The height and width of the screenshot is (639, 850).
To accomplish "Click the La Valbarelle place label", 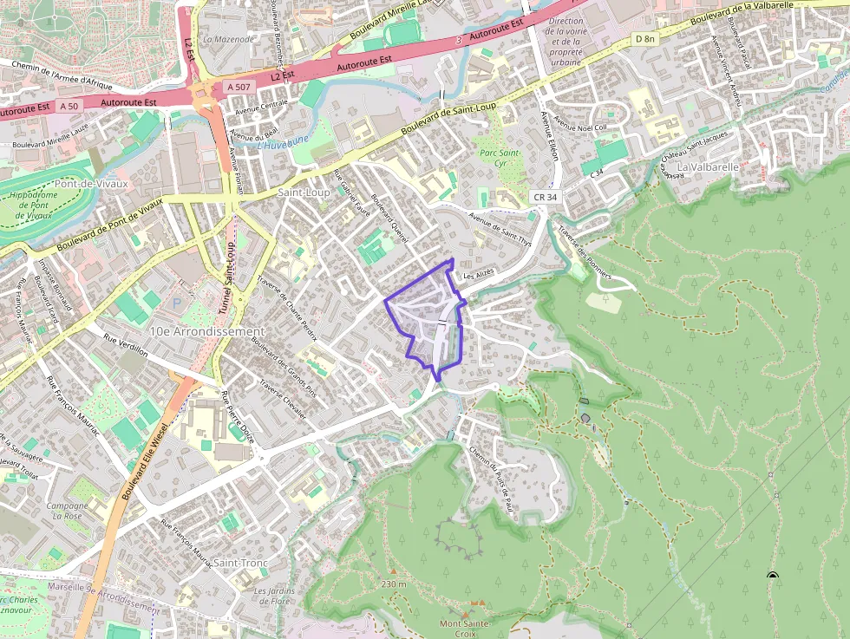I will coord(708,166).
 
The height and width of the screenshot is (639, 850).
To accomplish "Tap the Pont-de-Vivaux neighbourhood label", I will coord(90,184).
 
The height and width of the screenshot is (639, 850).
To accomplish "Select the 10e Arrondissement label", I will coord(206,332).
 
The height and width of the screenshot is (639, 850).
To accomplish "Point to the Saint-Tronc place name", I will coord(240,563).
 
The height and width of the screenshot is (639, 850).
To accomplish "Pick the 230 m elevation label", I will coord(393,584).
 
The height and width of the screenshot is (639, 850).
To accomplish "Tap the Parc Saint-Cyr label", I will coord(499,157).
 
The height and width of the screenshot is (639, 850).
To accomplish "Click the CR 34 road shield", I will coord(546,198).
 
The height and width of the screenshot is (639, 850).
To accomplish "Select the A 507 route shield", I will coord(239,88).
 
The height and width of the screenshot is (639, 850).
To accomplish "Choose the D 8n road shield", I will coord(644,39).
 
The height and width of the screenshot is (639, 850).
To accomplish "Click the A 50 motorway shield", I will coord(69,106).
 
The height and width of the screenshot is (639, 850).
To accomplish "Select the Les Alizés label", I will coord(478,274).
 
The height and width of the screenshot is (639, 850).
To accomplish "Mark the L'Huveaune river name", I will coord(283,145).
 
